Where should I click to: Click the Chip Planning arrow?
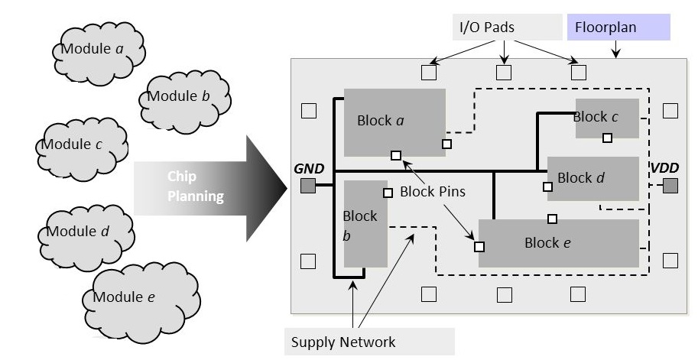(206, 186)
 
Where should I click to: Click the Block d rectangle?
(593, 178)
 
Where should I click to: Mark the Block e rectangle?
(559, 243)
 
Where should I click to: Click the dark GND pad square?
(308, 186)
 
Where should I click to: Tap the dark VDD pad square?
(670, 186)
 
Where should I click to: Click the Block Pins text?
(433, 192)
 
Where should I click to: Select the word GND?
(309, 169)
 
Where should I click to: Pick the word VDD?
(664, 168)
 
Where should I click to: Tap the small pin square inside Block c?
(607, 138)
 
